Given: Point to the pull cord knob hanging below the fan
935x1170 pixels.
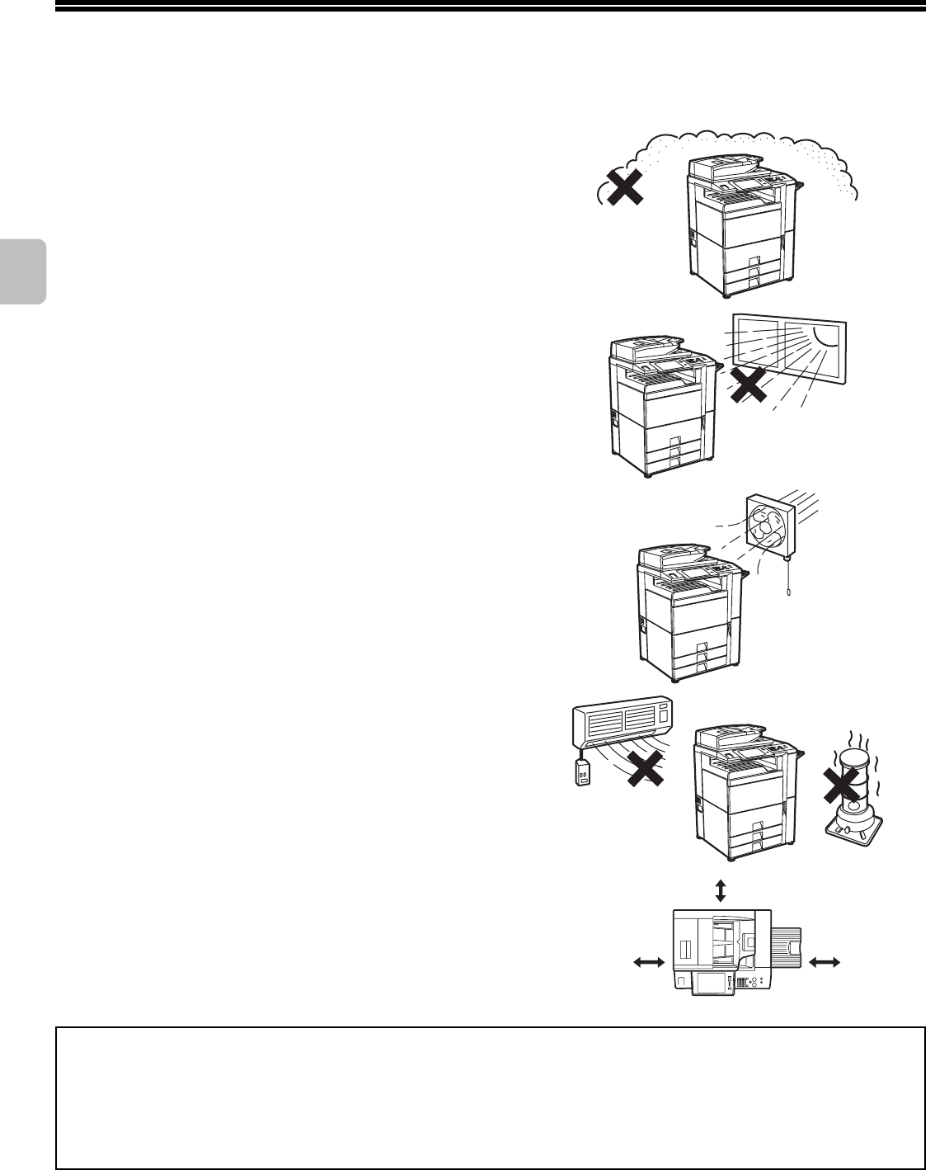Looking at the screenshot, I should [789, 592].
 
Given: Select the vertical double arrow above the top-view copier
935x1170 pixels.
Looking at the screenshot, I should [721, 890].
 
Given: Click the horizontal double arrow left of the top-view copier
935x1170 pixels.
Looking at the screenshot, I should [648, 960].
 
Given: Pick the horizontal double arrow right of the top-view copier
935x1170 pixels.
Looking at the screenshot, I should [825, 960].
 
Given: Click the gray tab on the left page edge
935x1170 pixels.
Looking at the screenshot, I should [22, 272].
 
